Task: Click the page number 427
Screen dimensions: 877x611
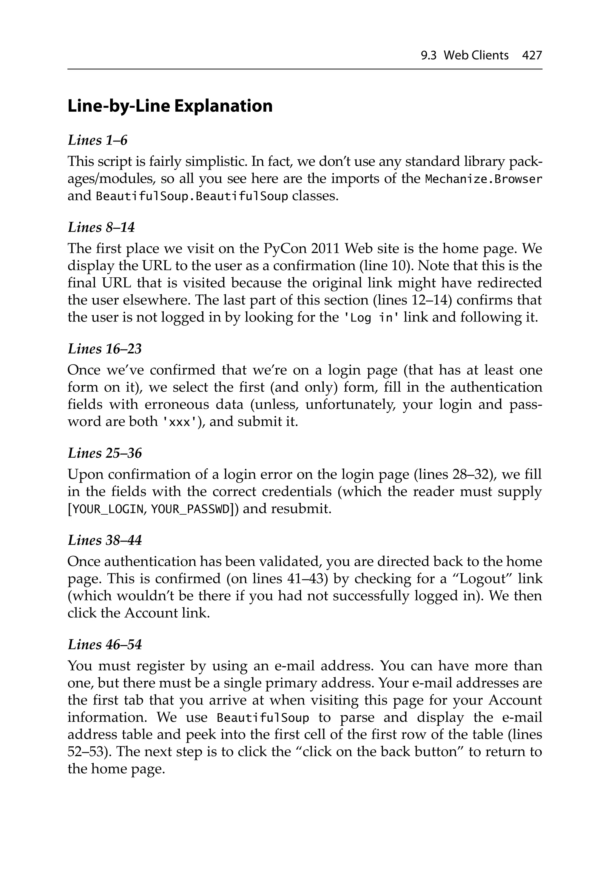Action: click(x=532, y=56)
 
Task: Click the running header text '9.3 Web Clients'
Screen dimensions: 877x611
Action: click(x=464, y=56)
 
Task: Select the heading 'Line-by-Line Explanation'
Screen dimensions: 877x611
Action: click(x=170, y=106)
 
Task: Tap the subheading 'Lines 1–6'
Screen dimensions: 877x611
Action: click(x=97, y=140)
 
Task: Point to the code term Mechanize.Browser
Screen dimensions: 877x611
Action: click(x=483, y=179)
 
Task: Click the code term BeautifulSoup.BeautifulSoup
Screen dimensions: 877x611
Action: click(x=192, y=196)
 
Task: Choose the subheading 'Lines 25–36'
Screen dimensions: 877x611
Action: click(x=105, y=453)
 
